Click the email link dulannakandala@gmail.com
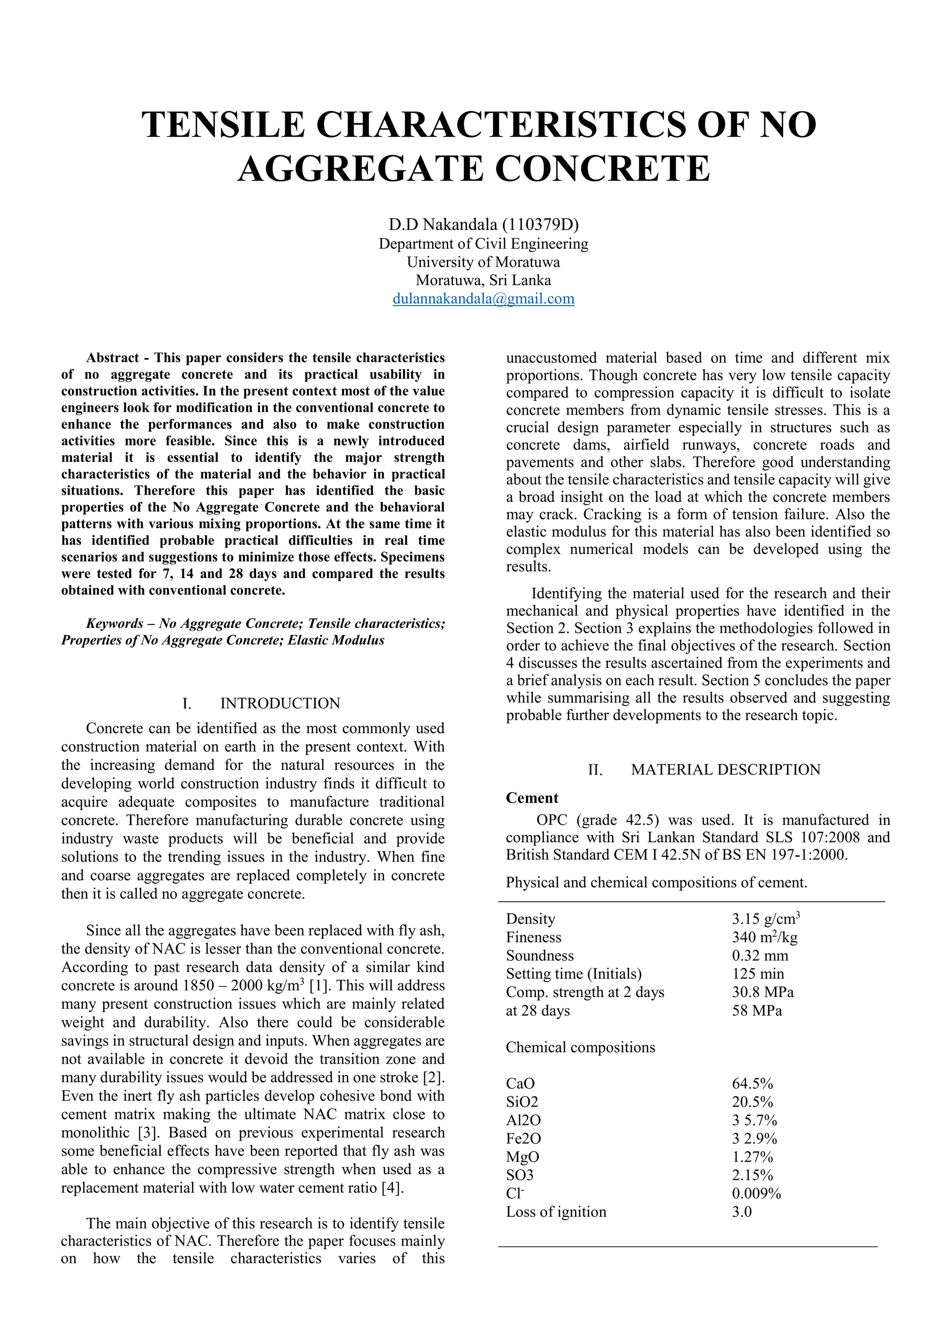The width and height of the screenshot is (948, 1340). [x=483, y=299]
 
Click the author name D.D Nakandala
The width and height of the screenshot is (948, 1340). [x=443, y=224]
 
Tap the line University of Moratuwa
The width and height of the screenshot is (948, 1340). [x=483, y=262]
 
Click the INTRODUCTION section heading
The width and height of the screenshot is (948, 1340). [x=280, y=703]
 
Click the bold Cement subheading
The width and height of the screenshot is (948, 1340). [x=532, y=798]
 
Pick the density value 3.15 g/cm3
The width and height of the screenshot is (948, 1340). [x=765, y=919]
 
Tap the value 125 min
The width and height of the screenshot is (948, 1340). [x=758, y=973]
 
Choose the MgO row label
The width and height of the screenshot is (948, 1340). [x=523, y=1157]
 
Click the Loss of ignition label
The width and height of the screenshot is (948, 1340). [x=556, y=1212]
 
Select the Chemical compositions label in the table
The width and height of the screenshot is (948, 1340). [x=580, y=1047]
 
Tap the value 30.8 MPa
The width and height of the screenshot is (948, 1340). [x=762, y=992]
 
